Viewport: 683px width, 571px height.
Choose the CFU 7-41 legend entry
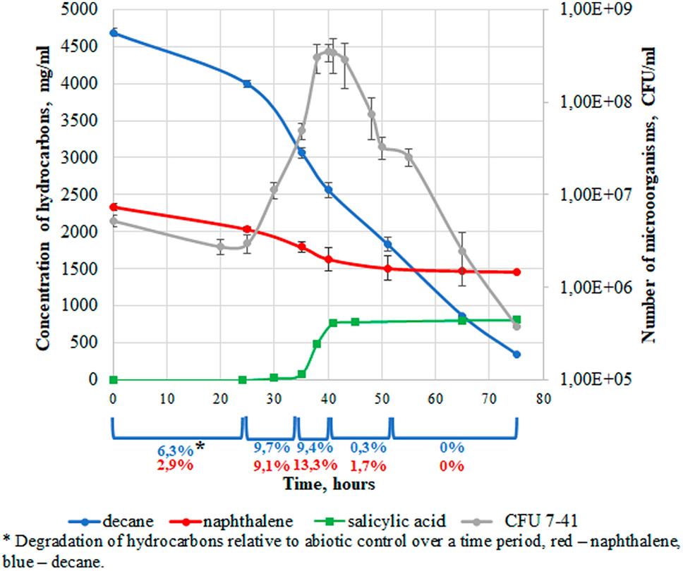pyautogui.click(x=517, y=522)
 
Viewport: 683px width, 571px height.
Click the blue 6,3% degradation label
pyautogui.click(x=172, y=448)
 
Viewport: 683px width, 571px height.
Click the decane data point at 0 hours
pyautogui.click(x=114, y=33)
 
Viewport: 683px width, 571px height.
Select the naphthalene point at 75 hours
pyautogui.click(x=516, y=272)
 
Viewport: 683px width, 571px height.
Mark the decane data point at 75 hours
pyautogui.click(x=516, y=355)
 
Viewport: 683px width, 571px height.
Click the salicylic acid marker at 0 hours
pyautogui.click(x=114, y=380)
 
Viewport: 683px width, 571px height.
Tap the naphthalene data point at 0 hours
pyautogui.click(x=114, y=207)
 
